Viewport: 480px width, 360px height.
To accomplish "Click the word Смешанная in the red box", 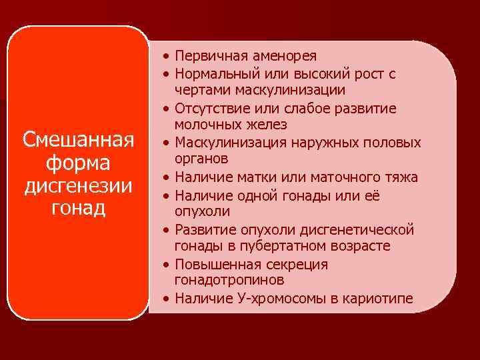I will click(x=79, y=141).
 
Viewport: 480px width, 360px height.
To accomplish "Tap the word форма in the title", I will click(x=79, y=163).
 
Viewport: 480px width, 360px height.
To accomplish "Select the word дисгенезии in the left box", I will click(x=79, y=185).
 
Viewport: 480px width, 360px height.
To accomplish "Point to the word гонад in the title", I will click(x=79, y=208).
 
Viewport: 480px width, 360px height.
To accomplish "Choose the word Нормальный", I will click(x=215, y=73).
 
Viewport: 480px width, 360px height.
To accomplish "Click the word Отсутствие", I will click(x=210, y=108).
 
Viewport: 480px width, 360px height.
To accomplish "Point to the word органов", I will click(x=201, y=159).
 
